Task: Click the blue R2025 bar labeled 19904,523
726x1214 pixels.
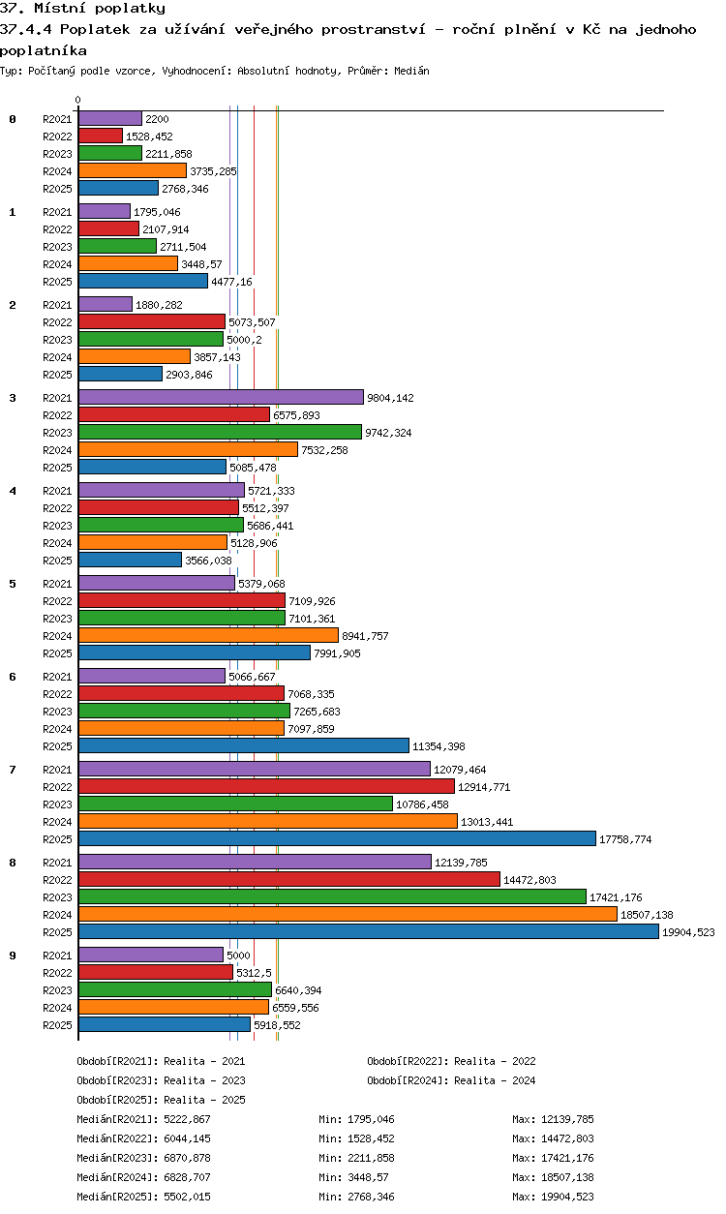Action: tap(368, 931)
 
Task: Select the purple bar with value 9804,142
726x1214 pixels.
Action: tap(221, 397)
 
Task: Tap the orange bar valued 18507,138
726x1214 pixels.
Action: tap(348, 914)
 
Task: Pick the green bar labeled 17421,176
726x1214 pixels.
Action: tap(332, 896)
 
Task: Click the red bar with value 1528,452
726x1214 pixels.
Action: tap(101, 136)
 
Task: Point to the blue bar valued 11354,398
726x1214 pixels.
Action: tap(244, 745)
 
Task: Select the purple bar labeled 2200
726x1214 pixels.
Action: tap(110, 118)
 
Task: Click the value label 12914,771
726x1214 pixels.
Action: tap(484, 787)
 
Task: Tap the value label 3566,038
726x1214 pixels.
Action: tap(208, 561)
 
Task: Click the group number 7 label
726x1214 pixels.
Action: tap(13, 769)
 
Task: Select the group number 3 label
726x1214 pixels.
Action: tap(13, 397)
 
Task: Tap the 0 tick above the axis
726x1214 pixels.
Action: tap(78, 100)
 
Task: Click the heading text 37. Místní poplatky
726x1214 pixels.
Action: tap(82, 9)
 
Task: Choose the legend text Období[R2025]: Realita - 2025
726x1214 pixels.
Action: tap(161, 1100)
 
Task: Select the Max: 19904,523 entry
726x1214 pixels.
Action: tap(553, 1197)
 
